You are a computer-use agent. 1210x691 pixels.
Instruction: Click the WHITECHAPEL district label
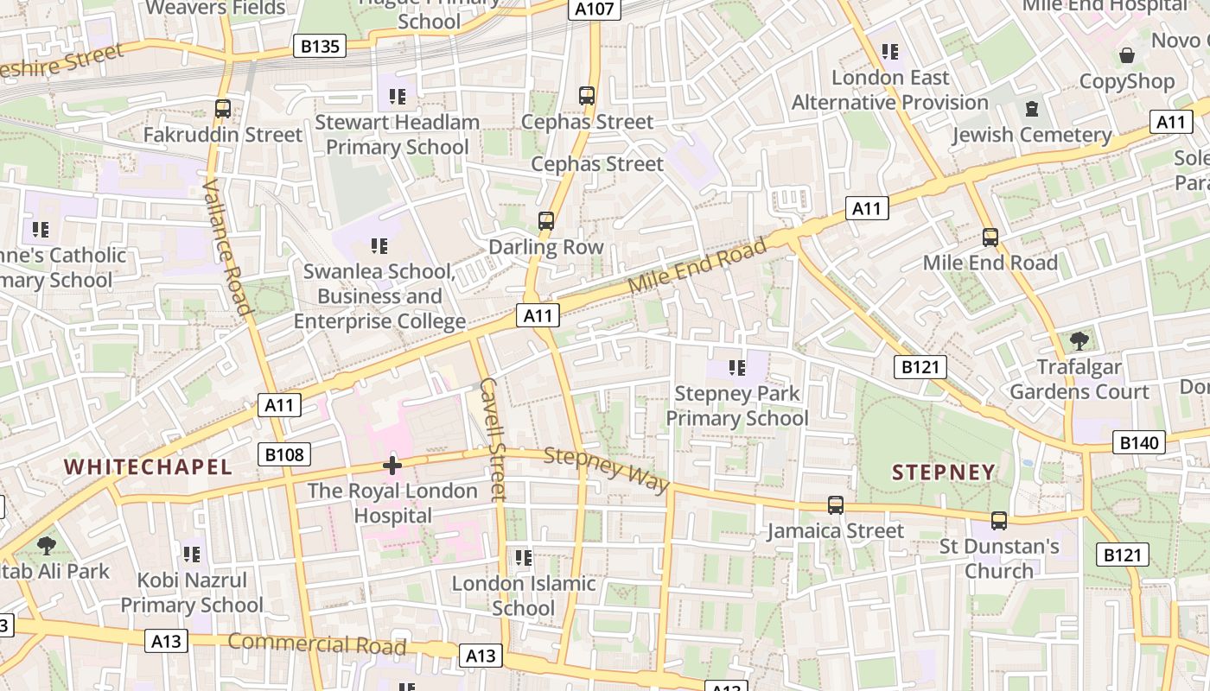(148, 467)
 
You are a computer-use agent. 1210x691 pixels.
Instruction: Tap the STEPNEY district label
(943, 472)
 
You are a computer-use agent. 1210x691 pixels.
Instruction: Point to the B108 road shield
(283, 454)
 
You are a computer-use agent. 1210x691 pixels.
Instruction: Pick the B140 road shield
(1139, 443)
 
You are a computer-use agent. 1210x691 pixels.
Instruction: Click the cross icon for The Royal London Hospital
(392, 466)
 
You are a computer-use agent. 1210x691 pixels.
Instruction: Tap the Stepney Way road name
(607, 470)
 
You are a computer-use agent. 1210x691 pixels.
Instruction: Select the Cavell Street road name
(491, 439)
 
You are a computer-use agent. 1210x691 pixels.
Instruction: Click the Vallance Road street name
(226, 247)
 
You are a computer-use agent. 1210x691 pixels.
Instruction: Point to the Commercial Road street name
(317, 643)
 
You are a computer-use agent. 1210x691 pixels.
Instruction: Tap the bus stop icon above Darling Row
(545, 221)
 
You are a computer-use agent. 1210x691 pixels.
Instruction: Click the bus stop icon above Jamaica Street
(835, 505)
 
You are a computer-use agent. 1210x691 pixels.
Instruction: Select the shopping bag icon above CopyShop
(1127, 56)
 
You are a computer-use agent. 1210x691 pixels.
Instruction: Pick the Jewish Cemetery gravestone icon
(1031, 110)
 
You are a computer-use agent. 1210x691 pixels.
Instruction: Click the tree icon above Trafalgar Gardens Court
(1079, 340)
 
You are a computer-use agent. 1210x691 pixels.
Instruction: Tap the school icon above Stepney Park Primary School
(736, 368)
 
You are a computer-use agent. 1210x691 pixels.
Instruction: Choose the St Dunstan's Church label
(999, 559)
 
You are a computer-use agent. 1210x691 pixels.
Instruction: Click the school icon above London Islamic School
(523, 558)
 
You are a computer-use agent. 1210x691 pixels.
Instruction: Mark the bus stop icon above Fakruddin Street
(223, 109)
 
